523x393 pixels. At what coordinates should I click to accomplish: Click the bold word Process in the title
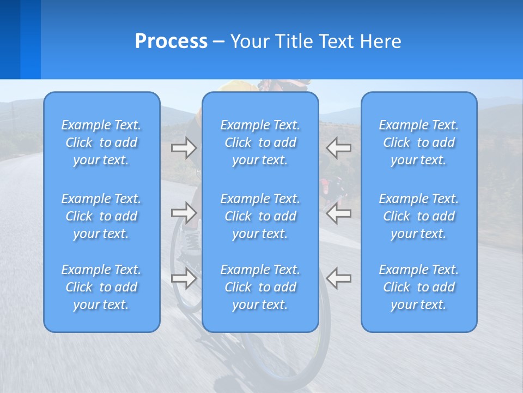[x=171, y=41]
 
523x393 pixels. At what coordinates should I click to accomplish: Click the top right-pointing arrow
[x=184, y=148]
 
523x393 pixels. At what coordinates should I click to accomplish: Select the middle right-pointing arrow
[x=184, y=213]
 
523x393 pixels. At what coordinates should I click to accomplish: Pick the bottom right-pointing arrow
[x=184, y=278]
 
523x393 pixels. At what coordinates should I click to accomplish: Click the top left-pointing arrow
[x=339, y=148]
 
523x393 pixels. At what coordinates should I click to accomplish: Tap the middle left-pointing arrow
[x=339, y=213]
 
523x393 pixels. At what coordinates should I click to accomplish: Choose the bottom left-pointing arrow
[x=339, y=278]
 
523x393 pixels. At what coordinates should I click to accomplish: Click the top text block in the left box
[x=101, y=142]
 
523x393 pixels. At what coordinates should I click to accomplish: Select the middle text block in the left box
[x=101, y=216]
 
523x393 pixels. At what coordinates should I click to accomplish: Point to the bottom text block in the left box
[x=101, y=287]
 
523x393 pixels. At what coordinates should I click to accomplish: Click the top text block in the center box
[x=260, y=142]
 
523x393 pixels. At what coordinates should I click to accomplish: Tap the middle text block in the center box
[x=260, y=216]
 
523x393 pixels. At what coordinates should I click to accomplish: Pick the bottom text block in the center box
[x=260, y=287]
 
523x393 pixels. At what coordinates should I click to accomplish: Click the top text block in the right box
[x=419, y=142]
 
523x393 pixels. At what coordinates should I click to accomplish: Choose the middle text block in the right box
[x=419, y=216]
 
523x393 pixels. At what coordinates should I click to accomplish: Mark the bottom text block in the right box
[x=419, y=287]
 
